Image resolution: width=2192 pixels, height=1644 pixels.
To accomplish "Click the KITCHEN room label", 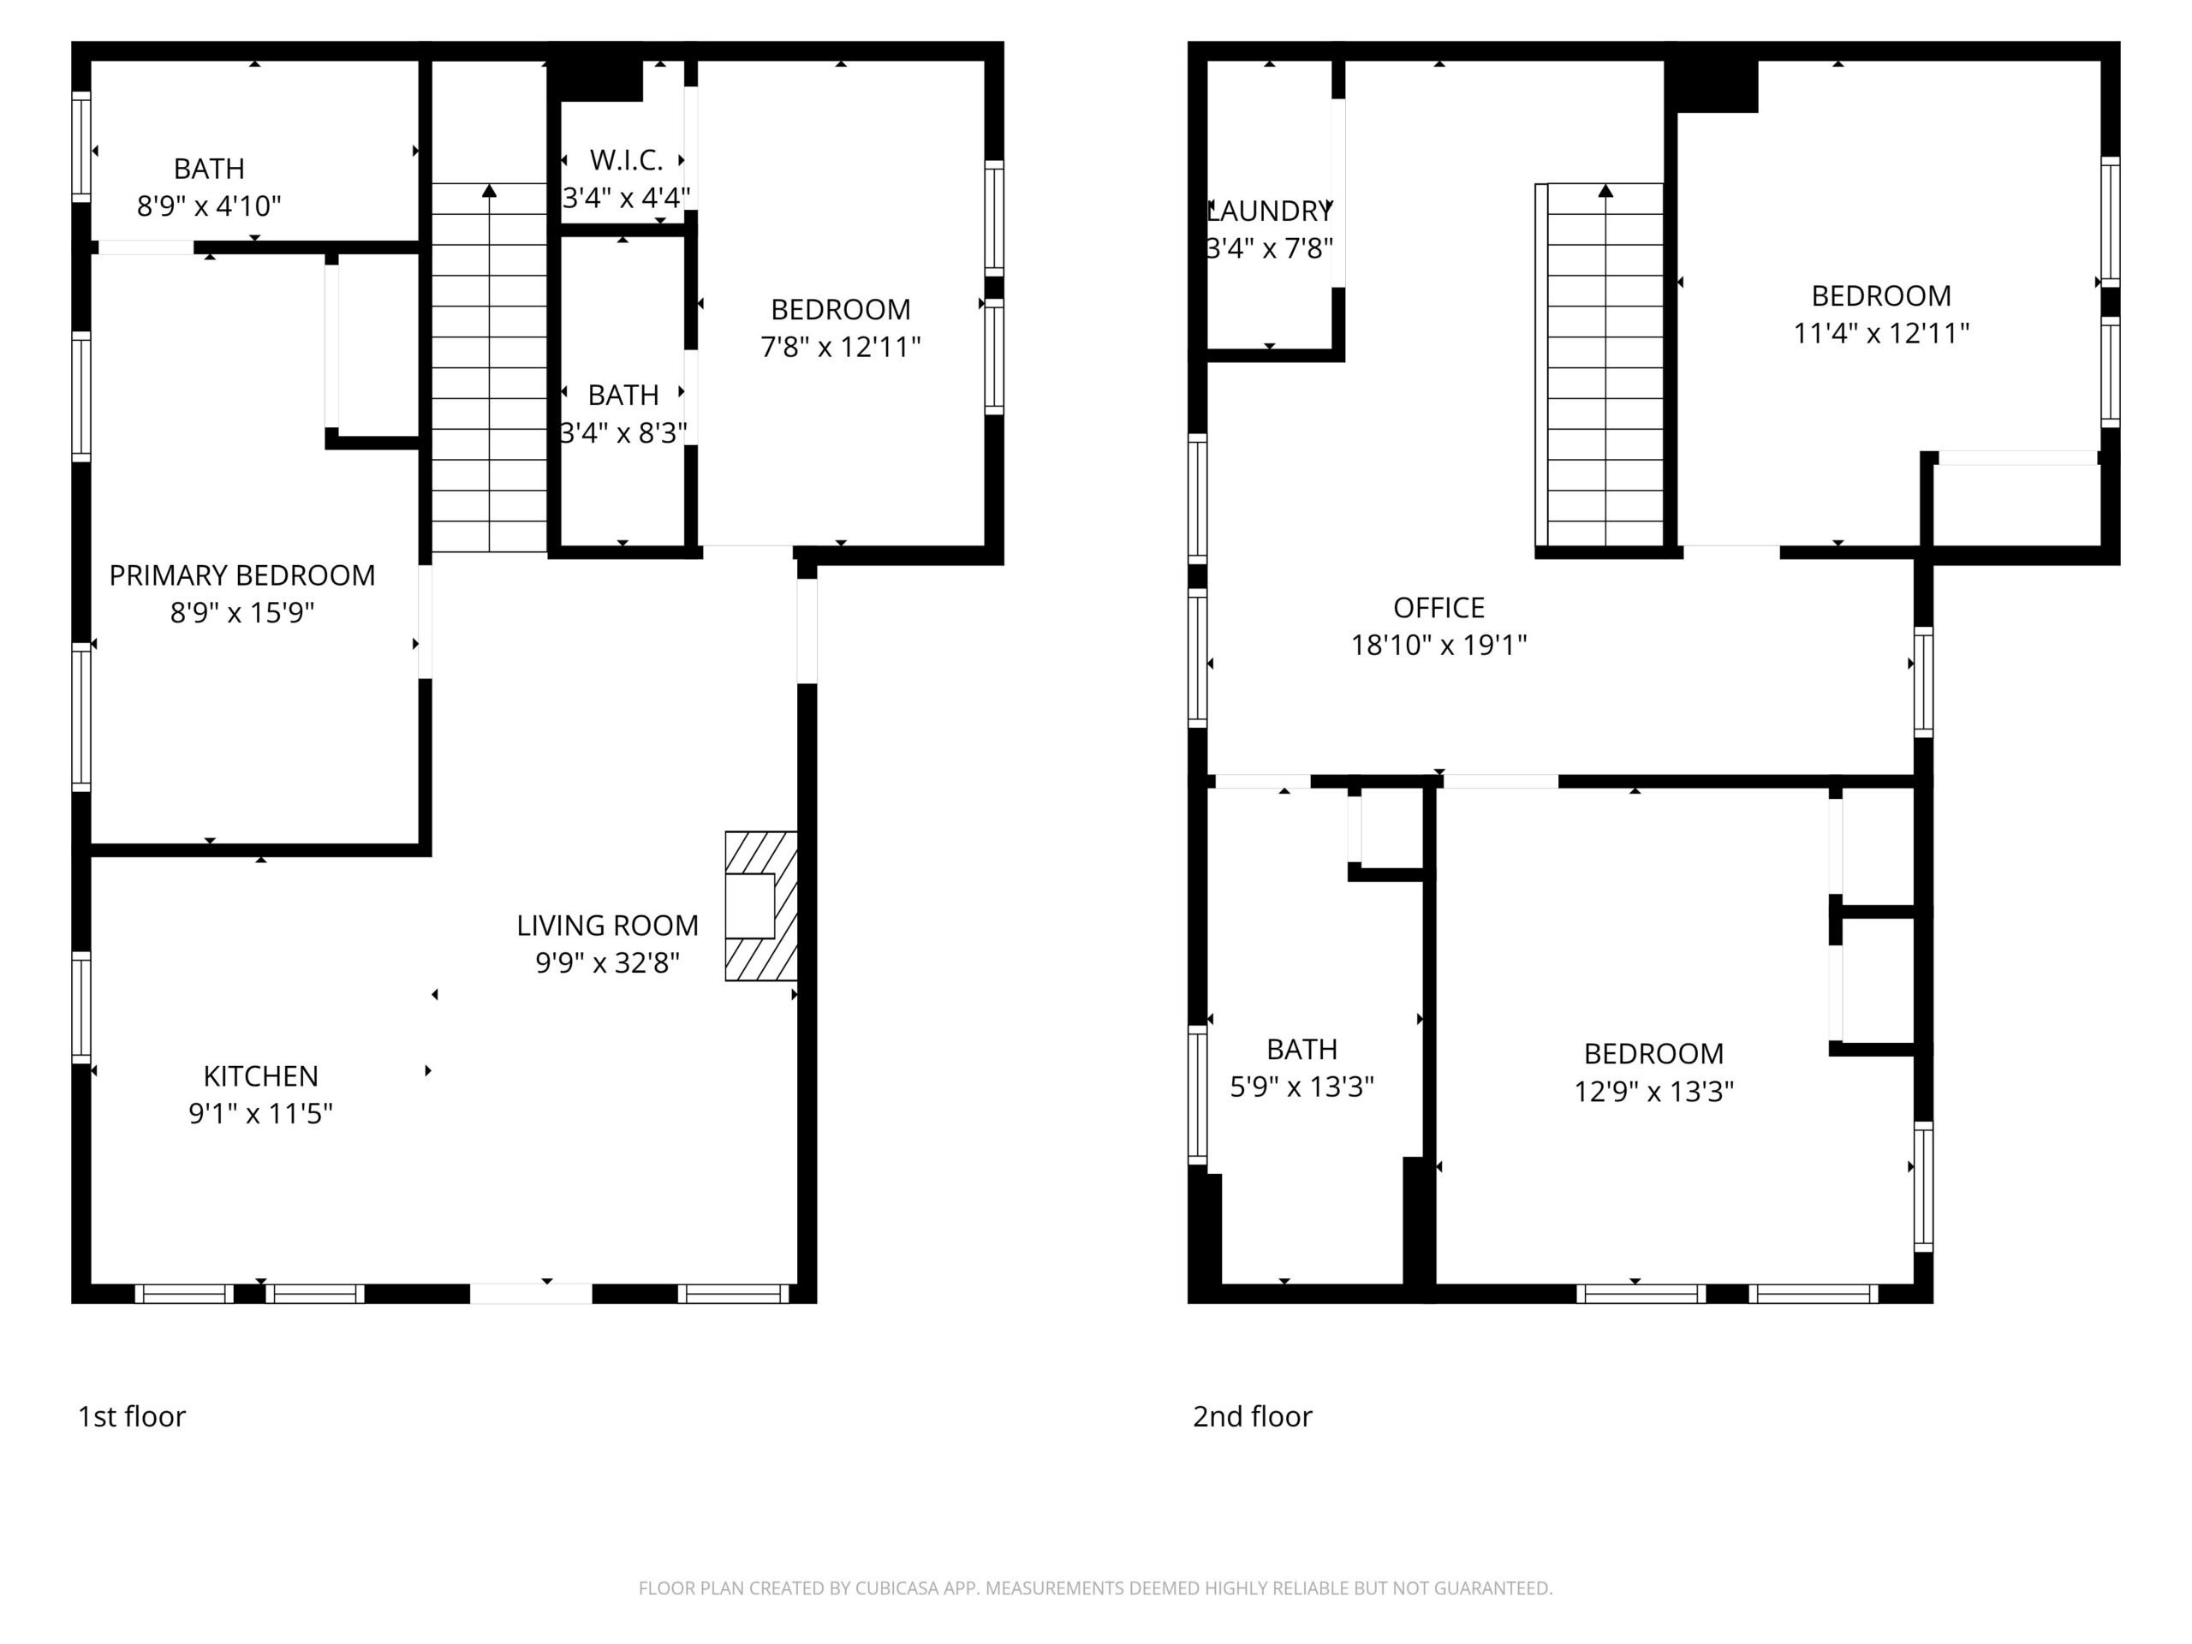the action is pos(260,1075).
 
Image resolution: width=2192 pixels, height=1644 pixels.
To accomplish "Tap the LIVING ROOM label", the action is pos(607,925).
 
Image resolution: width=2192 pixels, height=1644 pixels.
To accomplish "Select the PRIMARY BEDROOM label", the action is pos(241,575).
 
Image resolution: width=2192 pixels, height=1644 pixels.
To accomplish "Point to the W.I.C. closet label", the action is pos(626,159).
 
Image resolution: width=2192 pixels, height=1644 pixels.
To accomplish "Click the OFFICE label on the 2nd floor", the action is pos(1438,606).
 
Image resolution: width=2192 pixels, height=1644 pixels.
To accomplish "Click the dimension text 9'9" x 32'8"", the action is pos(607,962).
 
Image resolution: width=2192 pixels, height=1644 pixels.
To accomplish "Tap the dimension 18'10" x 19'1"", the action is pos(1438,644).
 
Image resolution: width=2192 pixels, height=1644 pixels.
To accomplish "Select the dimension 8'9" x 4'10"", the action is pos(209,205).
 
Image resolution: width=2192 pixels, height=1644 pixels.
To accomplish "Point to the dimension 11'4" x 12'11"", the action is pos(1881,332).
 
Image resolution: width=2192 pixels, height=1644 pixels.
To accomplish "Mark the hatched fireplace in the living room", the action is pos(761,906).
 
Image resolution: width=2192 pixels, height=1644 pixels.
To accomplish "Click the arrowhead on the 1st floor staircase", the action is pos(490,189).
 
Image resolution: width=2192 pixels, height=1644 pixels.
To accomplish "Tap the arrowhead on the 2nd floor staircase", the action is pos(1605,189).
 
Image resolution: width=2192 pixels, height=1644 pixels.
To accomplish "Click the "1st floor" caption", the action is pos(132,1416).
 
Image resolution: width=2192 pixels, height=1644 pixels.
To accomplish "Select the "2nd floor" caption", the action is pos(1253,1416).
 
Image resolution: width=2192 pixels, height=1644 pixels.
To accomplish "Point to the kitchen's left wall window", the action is pos(81,1007).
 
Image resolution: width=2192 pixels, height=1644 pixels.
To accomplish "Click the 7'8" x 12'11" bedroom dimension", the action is pos(840,346).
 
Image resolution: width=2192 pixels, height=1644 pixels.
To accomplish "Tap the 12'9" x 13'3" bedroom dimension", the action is pos(1654,1090).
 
